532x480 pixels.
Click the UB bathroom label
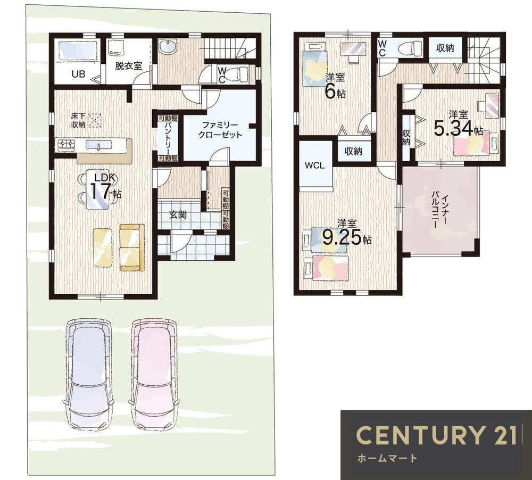point(78,73)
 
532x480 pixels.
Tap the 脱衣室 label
point(128,66)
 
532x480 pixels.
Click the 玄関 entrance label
point(178,215)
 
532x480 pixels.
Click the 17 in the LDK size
point(100,192)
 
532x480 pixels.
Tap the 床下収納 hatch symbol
point(95,120)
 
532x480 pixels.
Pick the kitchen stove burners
point(66,145)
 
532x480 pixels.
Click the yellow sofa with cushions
point(132,247)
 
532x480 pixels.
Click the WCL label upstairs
point(314,165)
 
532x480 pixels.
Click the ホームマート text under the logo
point(387,459)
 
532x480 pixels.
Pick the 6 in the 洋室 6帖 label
point(330,91)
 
